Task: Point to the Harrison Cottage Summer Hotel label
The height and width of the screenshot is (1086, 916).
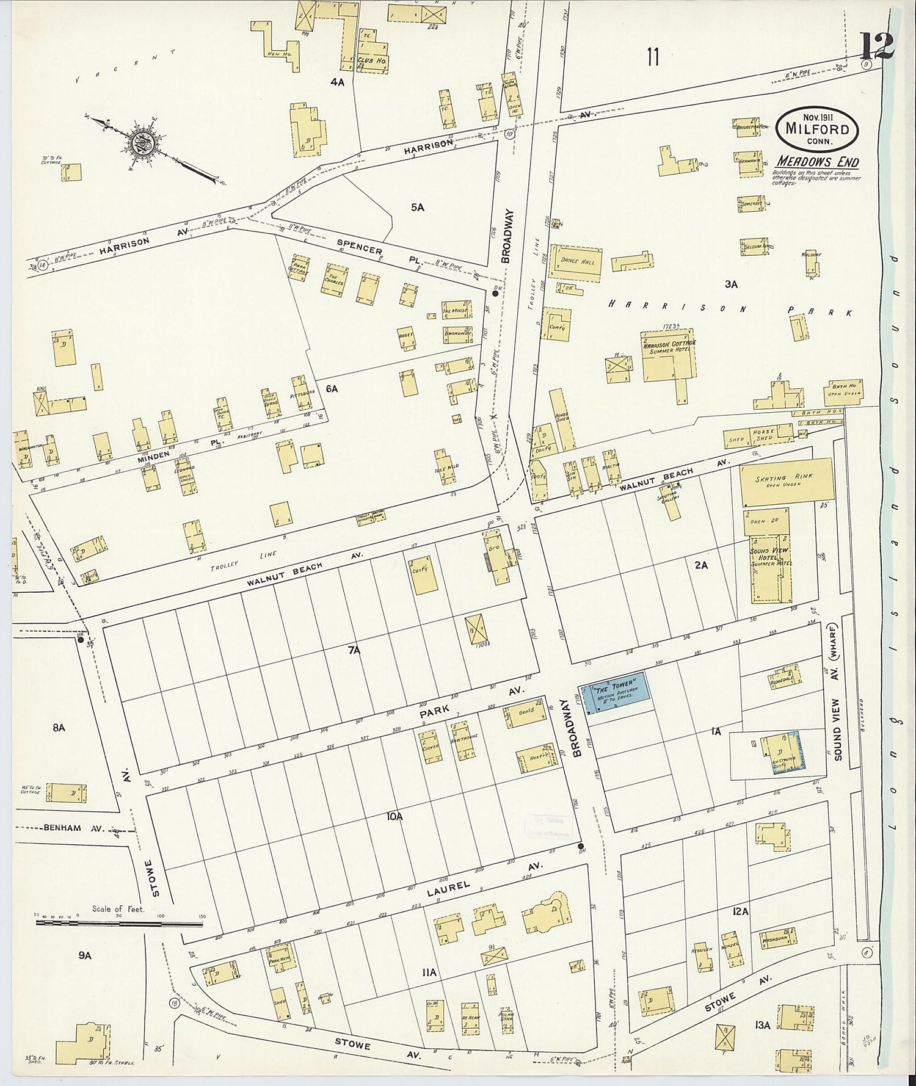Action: [669, 348]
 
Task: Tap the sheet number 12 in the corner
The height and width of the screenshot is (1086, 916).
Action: [877, 46]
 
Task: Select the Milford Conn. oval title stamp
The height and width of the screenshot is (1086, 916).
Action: [817, 129]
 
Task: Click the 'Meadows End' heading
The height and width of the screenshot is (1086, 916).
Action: [817, 162]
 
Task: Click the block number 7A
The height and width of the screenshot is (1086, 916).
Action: [354, 651]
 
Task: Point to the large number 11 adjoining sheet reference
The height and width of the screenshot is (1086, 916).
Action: [653, 58]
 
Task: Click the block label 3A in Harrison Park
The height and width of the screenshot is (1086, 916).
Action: [731, 284]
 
